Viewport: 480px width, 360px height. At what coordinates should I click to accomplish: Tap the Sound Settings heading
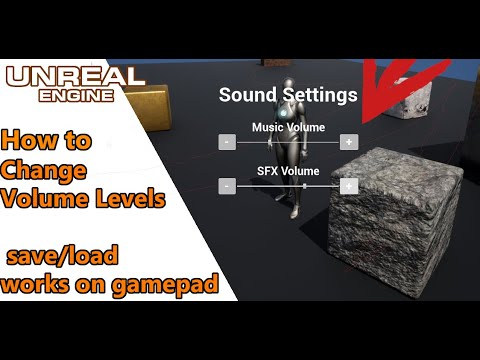pos(288,96)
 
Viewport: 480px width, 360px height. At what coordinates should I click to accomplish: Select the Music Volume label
pos(288,127)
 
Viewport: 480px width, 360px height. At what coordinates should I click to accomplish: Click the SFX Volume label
pos(288,171)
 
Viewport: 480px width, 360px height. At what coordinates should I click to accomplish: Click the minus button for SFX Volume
pos(228,185)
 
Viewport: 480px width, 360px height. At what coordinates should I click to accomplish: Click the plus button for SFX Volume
pos(349,185)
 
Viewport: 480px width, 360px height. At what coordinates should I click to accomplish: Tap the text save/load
pos(62,260)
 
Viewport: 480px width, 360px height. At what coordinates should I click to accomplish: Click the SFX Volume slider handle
pos(305,185)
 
